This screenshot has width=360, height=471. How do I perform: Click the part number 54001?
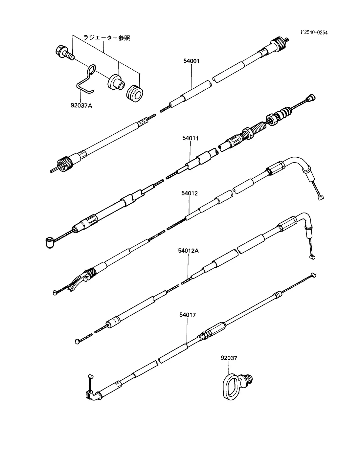pyautogui.click(x=191, y=61)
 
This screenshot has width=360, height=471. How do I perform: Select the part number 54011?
pyautogui.click(x=191, y=139)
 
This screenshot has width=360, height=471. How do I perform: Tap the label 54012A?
pyautogui.click(x=189, y=251)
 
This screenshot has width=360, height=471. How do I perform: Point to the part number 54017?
pyautogui.click(x=188, y=315)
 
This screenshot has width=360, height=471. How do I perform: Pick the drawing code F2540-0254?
pyautogui.click(x=314, y=32)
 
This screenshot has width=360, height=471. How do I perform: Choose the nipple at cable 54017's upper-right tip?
pyautogui.click(x=313, y=275)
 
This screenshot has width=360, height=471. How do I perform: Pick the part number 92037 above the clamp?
pyautogui.click(x=229, y=358)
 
